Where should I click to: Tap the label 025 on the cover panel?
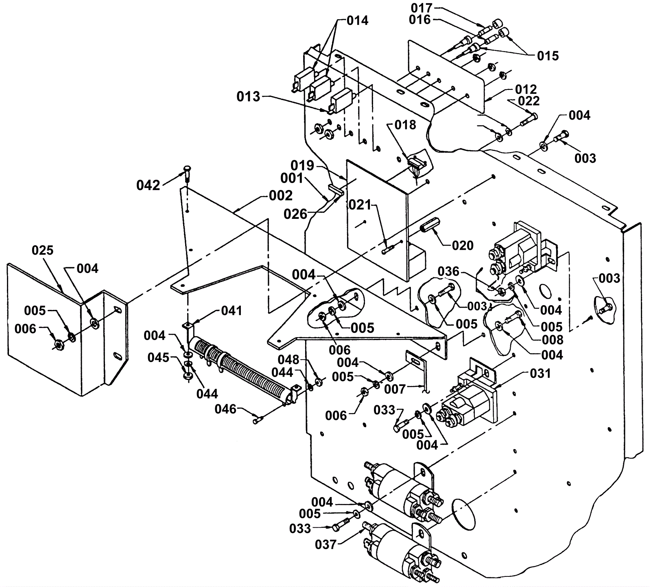tap(43, 250)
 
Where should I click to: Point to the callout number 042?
tap(148, 185)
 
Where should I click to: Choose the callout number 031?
tap(540, 373)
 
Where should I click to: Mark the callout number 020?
tap(463, 245)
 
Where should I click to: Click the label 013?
tap(249, 97)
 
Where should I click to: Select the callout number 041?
tap(232, 311)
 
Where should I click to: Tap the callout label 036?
tap(448, 271)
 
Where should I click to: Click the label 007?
tap(395, 389)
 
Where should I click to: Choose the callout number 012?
tap(526, 89)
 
